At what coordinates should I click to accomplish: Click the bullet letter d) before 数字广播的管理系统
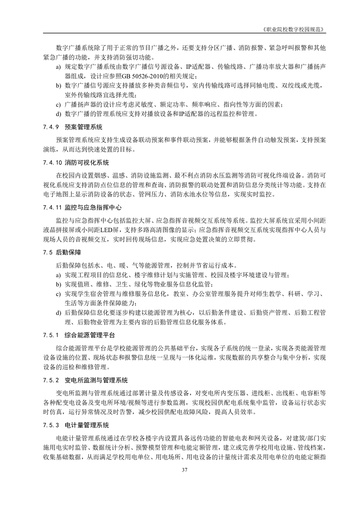click(59, 114)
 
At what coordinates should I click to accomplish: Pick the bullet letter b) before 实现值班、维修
click(59, 284)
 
